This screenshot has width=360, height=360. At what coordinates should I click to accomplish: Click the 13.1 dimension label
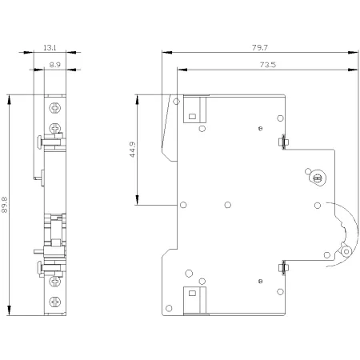tap(50, 48)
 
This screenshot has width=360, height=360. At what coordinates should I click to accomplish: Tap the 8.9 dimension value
tap(55, 65)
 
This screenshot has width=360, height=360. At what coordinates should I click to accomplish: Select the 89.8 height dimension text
tap(5, 205)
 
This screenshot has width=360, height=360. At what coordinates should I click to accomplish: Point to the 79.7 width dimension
tap(260, 48)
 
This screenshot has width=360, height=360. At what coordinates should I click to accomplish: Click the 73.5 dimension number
tap(268, 65)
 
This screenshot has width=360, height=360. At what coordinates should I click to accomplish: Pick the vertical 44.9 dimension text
tap(133, 150)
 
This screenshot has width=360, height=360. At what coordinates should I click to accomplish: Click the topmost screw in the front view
tap(55, 108)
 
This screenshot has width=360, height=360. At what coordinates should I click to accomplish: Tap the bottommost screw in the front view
tap(55, 302)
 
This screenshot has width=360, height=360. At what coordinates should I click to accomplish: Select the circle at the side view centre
tap(228, 205)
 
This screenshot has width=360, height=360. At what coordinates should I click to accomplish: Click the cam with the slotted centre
tap(317, 178)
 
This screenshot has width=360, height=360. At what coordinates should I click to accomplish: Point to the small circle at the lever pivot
tap(346, 251)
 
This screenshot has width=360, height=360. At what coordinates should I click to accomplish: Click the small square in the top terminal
tap(192, 117)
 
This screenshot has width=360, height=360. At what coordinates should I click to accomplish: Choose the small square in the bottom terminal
tap(192, 294)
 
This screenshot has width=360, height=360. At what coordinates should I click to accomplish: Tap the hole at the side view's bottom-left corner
tap(169, 308)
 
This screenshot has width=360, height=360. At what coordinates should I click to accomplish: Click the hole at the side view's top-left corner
tap(176, 102)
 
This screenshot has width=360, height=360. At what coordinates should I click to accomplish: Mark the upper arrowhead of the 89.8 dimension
tap(10, 99)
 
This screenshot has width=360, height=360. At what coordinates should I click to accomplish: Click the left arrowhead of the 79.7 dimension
tap(167, 52)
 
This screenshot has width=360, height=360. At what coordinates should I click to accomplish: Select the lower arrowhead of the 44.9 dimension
tap(137, 200)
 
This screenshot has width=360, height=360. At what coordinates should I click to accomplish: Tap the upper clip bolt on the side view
tap(283, 142)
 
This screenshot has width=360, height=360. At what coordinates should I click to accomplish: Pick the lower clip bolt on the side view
tap(283, 267)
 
